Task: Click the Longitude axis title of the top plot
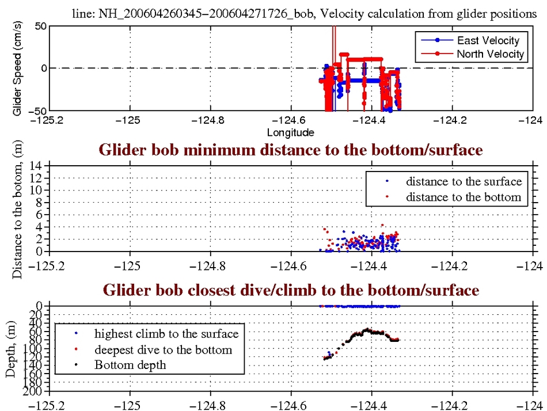[x=290, y=133]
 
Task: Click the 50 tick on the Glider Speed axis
[x=40, y=26]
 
